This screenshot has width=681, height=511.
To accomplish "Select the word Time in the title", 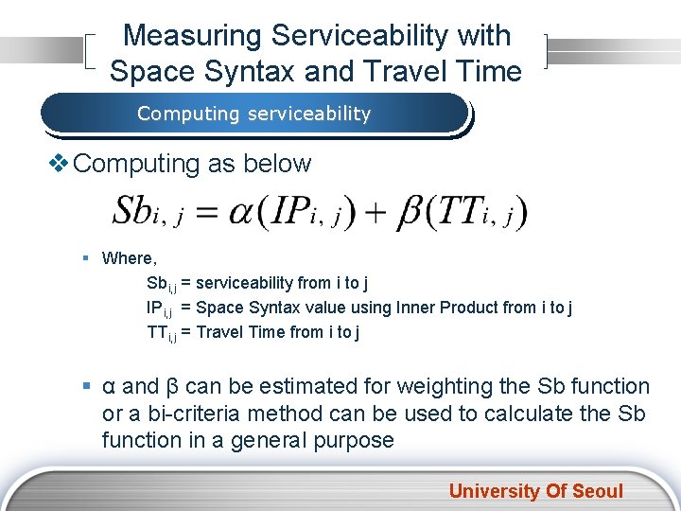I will point(490,71).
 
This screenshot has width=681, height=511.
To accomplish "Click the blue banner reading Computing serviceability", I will point(253,114).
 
